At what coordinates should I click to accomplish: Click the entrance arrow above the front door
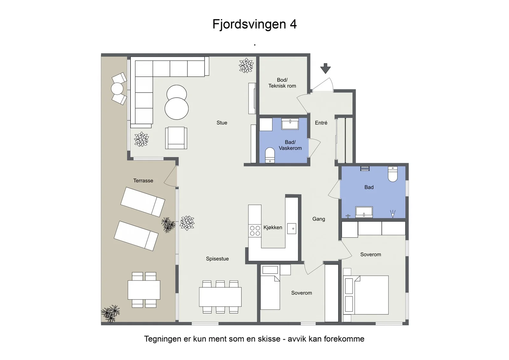point(325,68)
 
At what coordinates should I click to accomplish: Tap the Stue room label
point(222,123)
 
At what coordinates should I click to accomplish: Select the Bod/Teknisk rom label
point(282,83)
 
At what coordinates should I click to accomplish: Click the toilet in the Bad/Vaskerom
point(270,155)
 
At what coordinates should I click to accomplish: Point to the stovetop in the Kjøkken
point(255,231)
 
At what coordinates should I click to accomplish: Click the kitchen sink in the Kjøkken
point(291,228)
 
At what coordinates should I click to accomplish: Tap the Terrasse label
point(143,181)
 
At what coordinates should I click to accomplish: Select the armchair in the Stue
point(176,138)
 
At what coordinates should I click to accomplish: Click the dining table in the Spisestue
point(220,297)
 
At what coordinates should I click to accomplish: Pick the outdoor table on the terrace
point(144,290)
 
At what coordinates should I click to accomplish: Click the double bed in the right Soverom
point(366,295)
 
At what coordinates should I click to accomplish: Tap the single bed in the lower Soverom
point(270,293)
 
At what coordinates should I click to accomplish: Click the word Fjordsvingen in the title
point(249,24)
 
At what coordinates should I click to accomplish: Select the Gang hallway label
point(318,219)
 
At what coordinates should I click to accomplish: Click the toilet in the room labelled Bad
point(393,174)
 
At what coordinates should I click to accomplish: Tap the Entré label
point(321,123)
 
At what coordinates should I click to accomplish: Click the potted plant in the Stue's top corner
point(246,66)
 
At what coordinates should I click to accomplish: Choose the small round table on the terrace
point(117,89)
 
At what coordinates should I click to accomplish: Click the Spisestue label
point(217,259)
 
